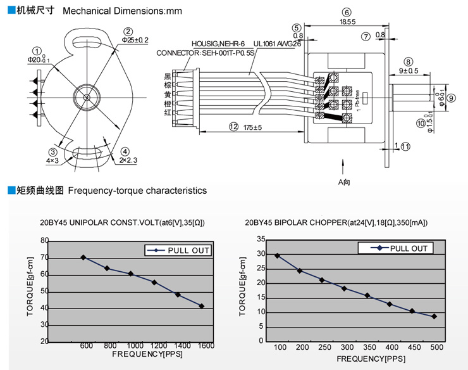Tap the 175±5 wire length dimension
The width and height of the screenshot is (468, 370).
point(253,127)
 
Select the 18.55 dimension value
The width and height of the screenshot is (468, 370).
point(347,22)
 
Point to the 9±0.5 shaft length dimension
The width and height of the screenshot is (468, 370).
point(409,70)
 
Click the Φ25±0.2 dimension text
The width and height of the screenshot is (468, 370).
point(135,40)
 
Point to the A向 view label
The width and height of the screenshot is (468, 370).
point(343,182)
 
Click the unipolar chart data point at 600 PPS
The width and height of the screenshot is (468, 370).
point(83,257)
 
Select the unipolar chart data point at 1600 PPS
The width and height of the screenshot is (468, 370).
point(202,306)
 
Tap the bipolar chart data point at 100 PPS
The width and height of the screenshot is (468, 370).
point(277,255)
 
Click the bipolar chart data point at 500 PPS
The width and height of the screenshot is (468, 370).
point(434,316)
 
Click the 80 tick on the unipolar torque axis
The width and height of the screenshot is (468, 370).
point(44,241)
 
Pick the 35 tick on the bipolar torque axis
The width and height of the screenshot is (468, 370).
point(261,239)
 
